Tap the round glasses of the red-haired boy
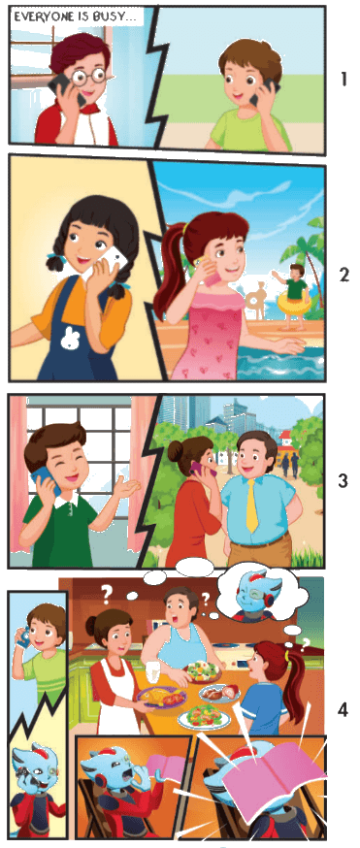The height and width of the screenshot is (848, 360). (x=88, y=77)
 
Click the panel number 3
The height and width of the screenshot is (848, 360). (x=344, y=481)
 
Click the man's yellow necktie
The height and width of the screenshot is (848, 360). (x=252, y=506)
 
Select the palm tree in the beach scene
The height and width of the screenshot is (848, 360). (x=309, y=254)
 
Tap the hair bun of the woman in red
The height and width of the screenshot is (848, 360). (x=175, y=450)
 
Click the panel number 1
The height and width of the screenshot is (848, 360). (x=344, y=80)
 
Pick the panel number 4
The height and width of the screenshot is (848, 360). (x=344, y=709)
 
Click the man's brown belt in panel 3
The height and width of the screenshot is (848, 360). (x=262, y=539)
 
